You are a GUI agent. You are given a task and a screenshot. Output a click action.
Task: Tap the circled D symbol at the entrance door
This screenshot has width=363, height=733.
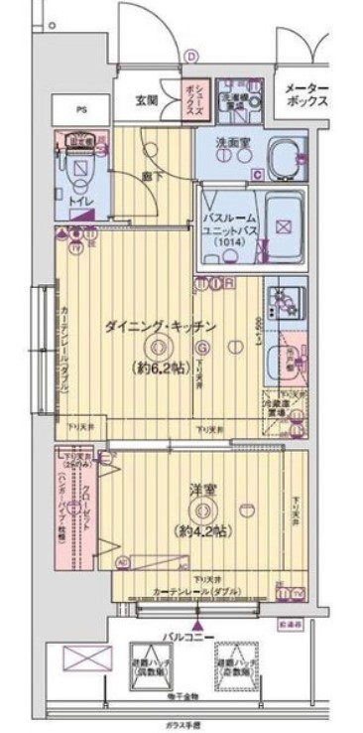[191, 58]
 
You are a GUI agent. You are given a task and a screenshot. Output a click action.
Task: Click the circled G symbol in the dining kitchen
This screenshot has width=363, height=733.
[201, 348]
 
